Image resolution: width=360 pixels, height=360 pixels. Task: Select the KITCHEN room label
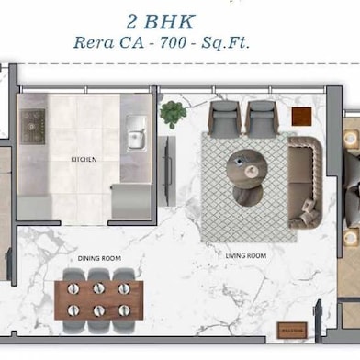point(84,159)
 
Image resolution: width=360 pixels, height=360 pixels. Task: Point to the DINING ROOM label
point(99,260)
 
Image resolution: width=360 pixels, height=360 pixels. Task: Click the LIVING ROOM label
point(246,256)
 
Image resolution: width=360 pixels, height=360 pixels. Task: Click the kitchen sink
point(135,132)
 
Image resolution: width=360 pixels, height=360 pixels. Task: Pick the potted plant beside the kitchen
point(172,114)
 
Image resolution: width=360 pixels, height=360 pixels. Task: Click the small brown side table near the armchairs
point(300,116)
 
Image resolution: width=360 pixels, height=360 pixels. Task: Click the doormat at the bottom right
point(292,330)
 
